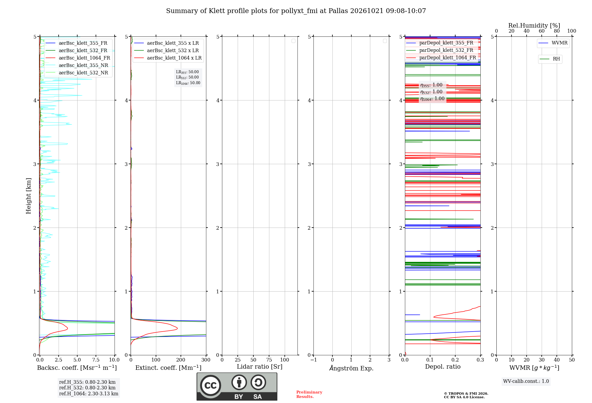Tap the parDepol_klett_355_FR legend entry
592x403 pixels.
pos(440,43)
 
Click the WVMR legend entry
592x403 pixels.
pos(553,43)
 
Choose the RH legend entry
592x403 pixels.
pos(550,59)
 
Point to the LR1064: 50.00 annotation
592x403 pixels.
pos(188,83)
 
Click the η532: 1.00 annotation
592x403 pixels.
pos(431,92)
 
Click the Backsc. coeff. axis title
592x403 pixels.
pos(77,368)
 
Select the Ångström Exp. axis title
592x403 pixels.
pos(351,368)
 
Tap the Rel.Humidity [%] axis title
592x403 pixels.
pos(534,25)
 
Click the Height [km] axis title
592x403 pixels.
pos(28,196)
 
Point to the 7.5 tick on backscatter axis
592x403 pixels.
pos(96,360)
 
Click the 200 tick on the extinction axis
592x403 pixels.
pos(181,360)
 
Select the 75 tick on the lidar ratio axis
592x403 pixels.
pos(269,360)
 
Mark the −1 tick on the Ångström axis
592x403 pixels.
pos(313,360)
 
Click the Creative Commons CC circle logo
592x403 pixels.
pos(210,385)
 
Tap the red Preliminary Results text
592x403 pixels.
pos(309,394)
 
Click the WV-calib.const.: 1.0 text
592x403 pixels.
pos(526,381)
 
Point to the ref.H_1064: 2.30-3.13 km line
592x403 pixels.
pos(89,394)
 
